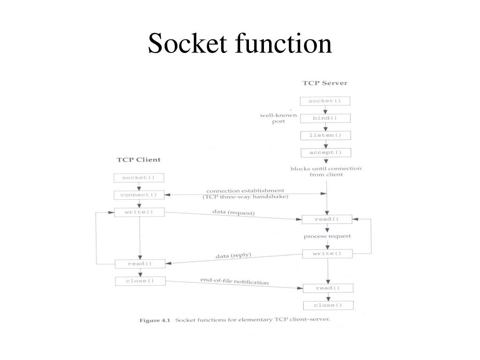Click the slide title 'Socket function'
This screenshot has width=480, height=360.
(240, 44)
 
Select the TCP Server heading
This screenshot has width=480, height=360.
(325, 83)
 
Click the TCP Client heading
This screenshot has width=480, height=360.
(138, 159)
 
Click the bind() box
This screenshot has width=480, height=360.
(325, 118)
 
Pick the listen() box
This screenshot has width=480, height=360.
(325, 135)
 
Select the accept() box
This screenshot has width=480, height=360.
(325, 153)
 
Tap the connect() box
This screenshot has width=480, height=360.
(138, 195)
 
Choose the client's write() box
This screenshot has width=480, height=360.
(139, 212)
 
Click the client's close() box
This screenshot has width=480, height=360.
(139, 281)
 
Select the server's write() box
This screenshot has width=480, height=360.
(327, 254)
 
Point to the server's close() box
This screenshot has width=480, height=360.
(328, 306)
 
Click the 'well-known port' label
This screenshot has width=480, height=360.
(278, 118)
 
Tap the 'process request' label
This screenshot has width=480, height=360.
(327, 236)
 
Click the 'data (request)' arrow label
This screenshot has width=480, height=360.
(233, 213)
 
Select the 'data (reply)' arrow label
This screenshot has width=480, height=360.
(233, 256)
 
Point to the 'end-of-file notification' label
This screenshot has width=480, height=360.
(234, 281)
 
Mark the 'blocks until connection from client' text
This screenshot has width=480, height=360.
(326, 172)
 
